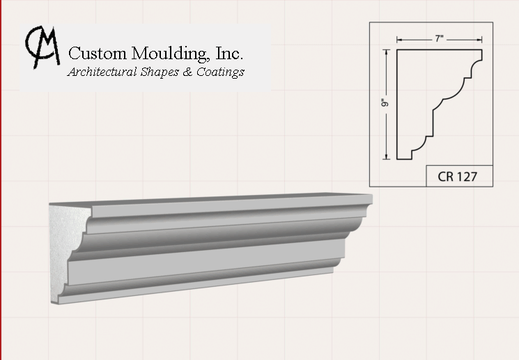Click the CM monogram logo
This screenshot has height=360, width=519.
point(42,47)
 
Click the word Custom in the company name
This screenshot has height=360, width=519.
point(98,54)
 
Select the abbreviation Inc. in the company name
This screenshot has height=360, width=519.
point(229,53)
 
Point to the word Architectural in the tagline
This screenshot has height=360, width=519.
point(102,72)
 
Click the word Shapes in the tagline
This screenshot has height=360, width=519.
point(160,72)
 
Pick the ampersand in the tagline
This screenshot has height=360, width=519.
point(187,72)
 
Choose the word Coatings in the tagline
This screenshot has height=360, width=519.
point(220,72)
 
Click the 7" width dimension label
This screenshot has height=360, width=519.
point(439,39)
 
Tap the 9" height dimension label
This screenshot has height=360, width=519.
point(385,103)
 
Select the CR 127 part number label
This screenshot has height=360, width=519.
point(458,176)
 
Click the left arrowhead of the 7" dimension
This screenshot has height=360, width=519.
point(399,40)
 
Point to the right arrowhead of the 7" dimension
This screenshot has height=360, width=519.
point(479,40)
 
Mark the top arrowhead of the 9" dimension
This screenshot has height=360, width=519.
point(386,52)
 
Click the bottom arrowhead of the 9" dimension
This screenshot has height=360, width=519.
point(386,157)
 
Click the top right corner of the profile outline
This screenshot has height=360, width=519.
point(482,49)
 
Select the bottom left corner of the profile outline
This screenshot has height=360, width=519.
point(397,159)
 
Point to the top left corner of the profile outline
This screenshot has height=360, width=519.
point(397,49)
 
